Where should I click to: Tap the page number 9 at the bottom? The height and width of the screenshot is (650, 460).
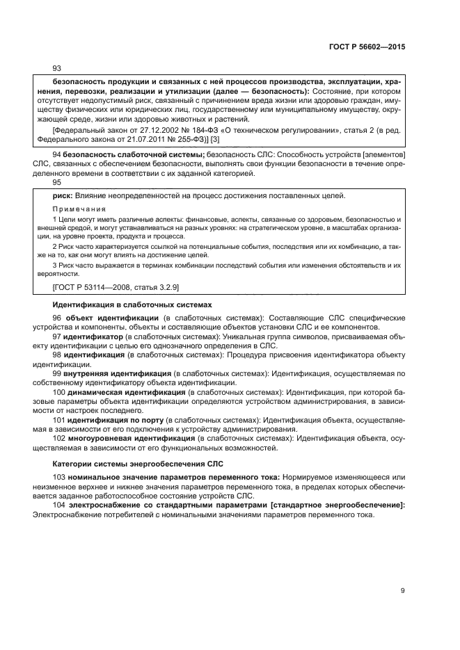point(403,591)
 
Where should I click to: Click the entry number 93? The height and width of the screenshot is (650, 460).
point(57,68)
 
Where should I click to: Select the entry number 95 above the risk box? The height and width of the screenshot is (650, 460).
point(57,182)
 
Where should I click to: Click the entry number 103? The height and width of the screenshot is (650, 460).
point(60,477)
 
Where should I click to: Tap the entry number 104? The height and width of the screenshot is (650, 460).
point(60,505)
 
